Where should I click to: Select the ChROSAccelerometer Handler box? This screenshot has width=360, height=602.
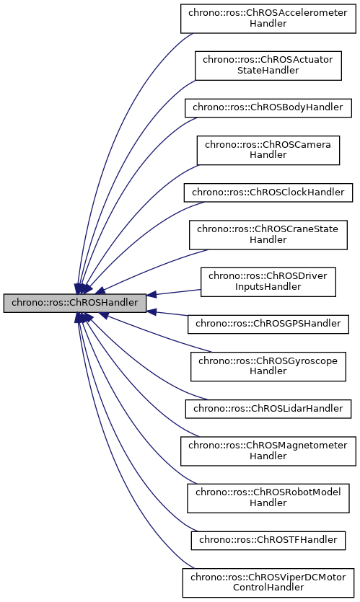(268, 17)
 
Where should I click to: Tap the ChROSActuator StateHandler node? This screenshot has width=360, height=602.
(268, 65)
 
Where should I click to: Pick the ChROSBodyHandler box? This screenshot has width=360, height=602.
(268, 107)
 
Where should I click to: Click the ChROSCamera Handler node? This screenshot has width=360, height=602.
(268, 150)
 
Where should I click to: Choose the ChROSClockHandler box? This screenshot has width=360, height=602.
(268, 192)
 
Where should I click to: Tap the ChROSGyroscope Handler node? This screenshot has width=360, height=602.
(268, 366)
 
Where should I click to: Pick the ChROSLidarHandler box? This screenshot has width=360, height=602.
(268, 409)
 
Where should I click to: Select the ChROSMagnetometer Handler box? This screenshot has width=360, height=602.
(268, 451)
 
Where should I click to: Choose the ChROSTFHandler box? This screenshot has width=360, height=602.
(268, 540)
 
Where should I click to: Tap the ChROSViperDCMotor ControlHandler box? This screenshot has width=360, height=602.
(268, 583)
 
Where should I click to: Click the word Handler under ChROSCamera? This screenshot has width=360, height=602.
(268, 155)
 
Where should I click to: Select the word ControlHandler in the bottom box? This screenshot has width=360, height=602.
(268, 588)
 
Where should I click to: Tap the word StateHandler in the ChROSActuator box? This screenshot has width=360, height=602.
(268, 71)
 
